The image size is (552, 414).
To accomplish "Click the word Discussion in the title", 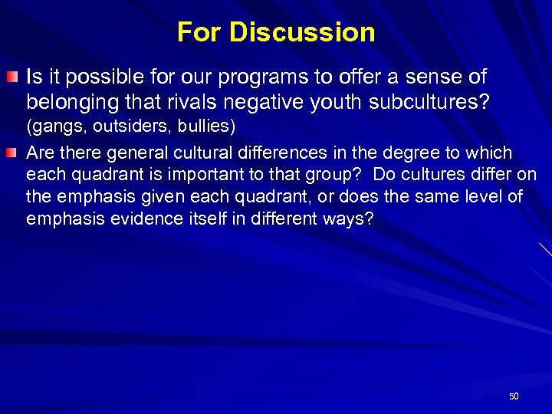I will [302, 32].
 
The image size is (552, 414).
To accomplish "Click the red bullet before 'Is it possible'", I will [14, 77].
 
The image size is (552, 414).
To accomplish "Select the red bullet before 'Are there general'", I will [14, 153].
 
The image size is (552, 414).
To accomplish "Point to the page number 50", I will [514, 396].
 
